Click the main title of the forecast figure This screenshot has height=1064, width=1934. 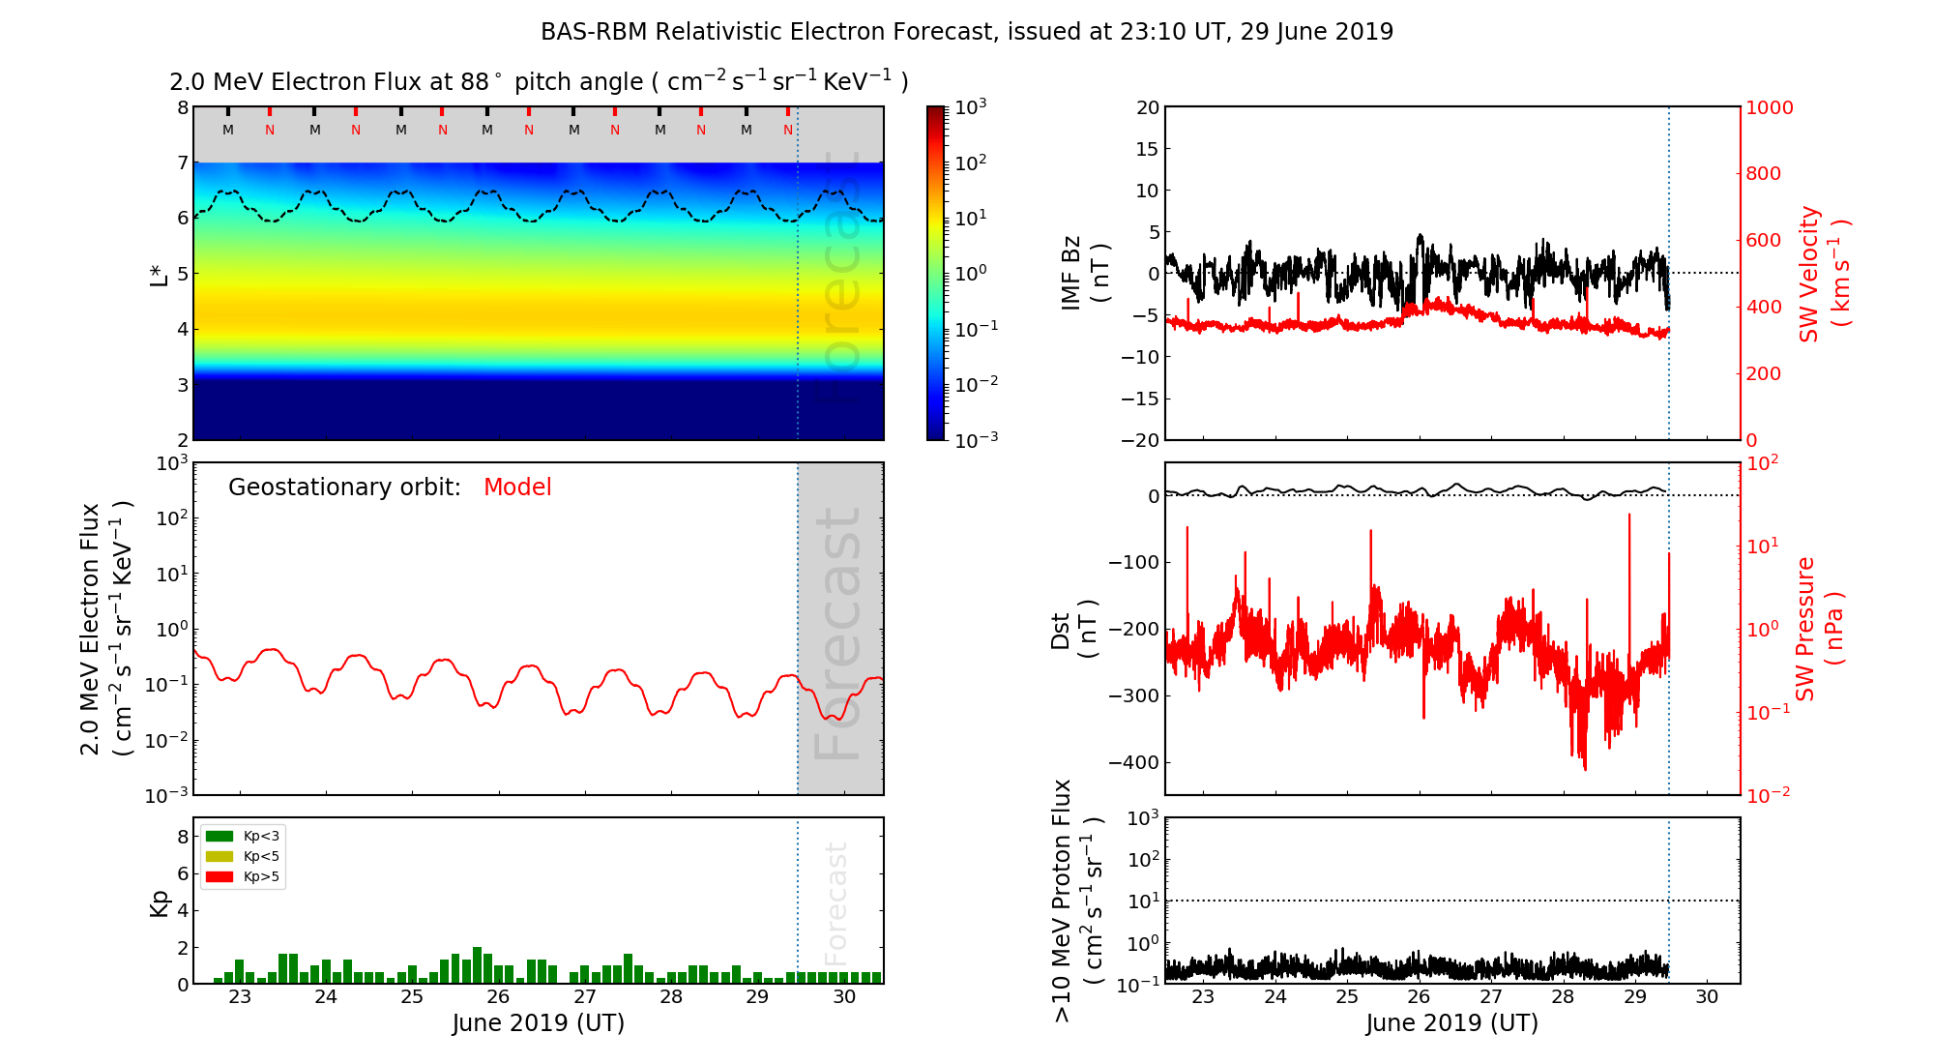[x=967, y=32]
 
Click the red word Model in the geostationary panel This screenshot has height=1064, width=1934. [x=517, y=488]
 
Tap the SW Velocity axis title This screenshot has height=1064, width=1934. [x=1824, y=274]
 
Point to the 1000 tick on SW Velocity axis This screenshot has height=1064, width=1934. [x=1769, y=107]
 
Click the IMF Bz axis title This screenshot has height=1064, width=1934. [x=1084, y=274]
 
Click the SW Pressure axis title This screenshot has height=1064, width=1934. [x=1819, y=629]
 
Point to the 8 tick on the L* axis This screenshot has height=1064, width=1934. [x=182, y=107]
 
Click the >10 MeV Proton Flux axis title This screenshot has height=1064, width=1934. [x=1076, y=901]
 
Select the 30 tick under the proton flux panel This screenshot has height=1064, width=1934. [x=1707, y=997]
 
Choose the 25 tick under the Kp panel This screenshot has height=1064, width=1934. [x=412, y=997]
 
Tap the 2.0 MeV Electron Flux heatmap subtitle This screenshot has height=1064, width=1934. [x=539, y=82]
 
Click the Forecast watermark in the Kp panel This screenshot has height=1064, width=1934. [x=836, y=902]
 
